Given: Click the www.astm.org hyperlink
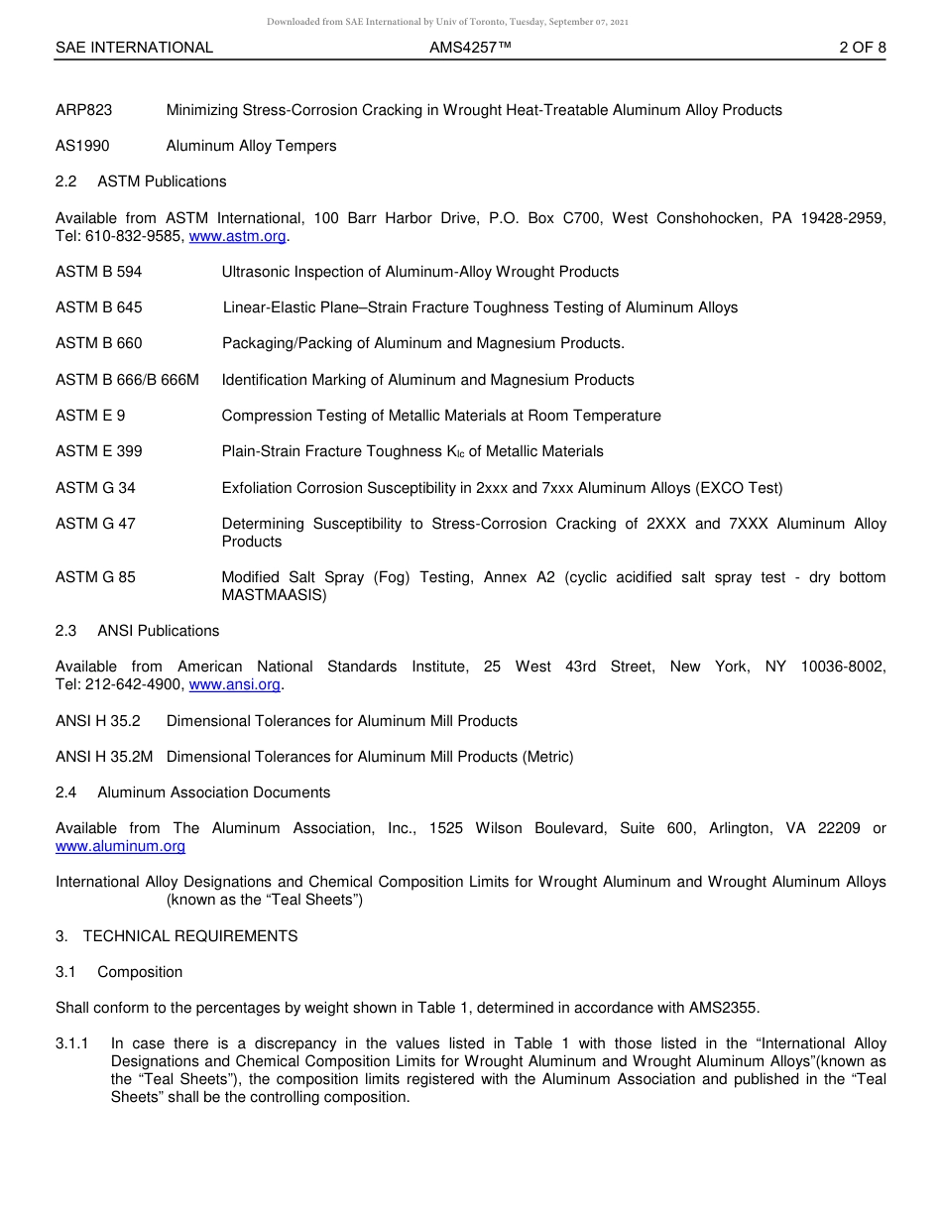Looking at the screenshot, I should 237,236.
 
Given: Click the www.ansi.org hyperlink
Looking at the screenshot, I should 234,684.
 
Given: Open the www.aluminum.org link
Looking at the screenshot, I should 120,846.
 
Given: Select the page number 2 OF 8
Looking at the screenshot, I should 862,48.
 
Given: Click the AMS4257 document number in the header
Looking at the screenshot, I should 470,48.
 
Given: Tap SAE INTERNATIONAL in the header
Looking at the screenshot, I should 134,48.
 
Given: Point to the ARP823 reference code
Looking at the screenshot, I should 83,110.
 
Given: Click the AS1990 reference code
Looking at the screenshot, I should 82,146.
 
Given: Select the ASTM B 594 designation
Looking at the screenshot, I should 98,272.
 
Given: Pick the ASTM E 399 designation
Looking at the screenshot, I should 98,451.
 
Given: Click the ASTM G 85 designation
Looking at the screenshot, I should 95,577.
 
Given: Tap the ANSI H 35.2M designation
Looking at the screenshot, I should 104,757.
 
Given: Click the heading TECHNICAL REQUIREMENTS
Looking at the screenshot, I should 189,936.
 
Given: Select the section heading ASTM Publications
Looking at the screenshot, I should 162,182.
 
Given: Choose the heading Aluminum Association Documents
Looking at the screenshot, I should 213,793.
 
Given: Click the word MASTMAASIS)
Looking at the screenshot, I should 274,595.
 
